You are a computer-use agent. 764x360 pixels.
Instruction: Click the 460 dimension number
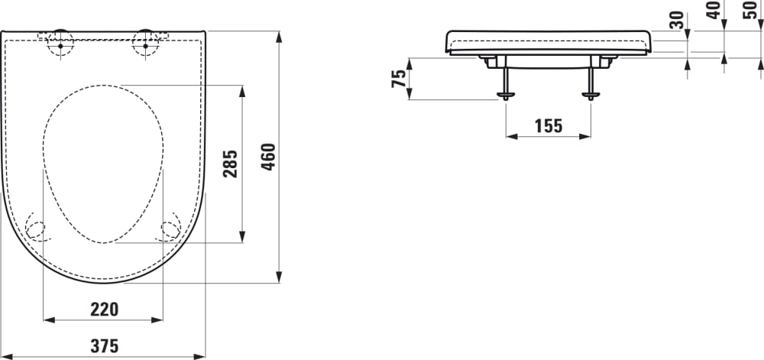click(x=268, y=157)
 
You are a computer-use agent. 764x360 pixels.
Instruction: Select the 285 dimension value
click(x=231, y=163)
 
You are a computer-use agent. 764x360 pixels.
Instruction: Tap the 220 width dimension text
click(x=104, y=309)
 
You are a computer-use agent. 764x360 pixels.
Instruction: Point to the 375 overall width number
click(x=104, y=346)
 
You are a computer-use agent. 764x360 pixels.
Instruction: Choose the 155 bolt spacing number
click(x=548, y=126)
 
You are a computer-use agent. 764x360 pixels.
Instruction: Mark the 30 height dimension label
click(x=675, y=20)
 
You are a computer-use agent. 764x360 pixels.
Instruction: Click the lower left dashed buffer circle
click(x=36, y=229)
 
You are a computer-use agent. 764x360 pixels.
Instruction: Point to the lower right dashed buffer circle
click(x=169, y=229)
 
